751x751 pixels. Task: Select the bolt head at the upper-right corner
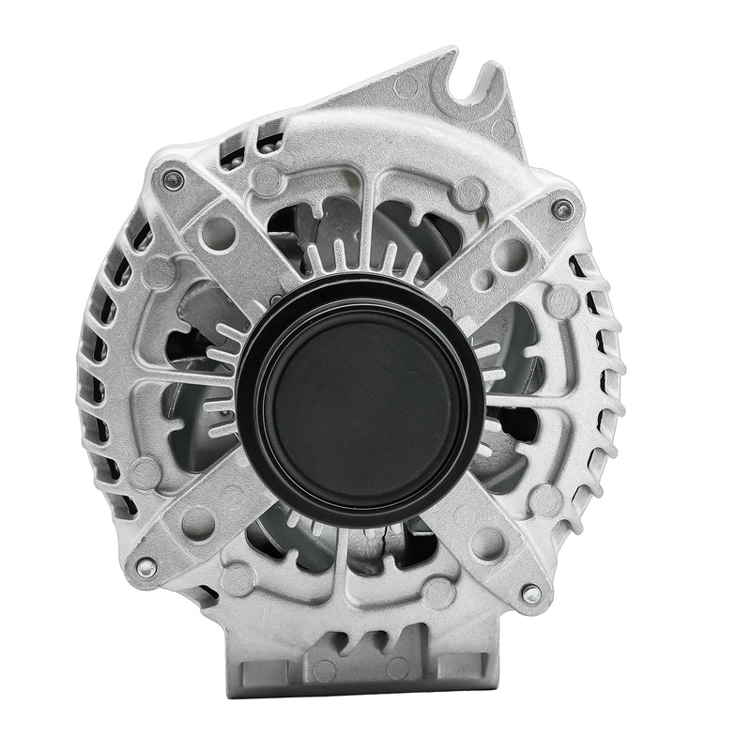[x=562, y=209]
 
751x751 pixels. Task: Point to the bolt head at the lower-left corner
[x=146, y=567]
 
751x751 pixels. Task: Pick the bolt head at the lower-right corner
[x=532, y=593]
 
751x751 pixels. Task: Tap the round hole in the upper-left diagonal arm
[x=217, y=230]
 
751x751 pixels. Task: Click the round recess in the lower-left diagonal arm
[x=197, y=521]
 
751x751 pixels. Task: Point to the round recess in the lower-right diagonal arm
[x=487, y=543]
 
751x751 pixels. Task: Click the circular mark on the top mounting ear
[x=406, y=87]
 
